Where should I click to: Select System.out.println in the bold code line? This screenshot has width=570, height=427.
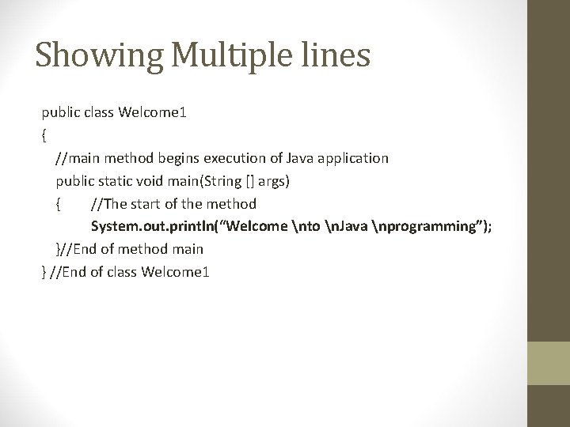(155, 227)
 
